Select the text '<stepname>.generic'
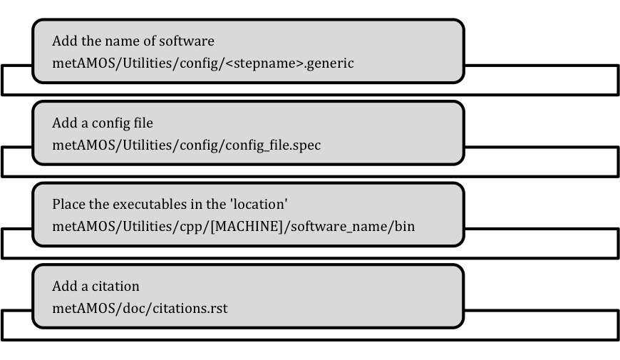(290, 63)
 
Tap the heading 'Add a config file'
(103, 123)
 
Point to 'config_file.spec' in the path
(273, 145)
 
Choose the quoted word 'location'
(259, 204)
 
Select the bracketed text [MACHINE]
(247, 227)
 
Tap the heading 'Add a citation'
(95, 287)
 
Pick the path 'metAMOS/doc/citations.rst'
(140, 309)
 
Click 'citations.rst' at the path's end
(190, 309)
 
